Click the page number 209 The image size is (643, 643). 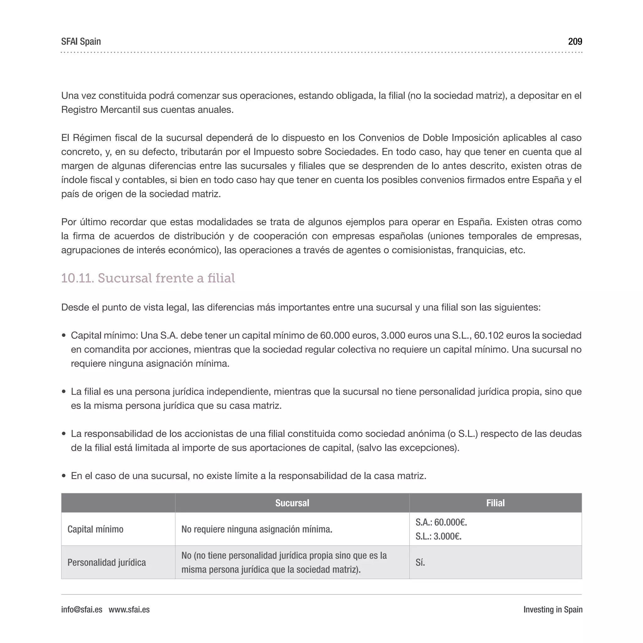coord(575,42)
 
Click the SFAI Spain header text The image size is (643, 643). coord(81,42)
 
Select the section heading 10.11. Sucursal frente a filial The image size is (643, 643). coord(148,278)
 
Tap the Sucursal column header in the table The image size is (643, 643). coord(292,503)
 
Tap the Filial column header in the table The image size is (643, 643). coord(495,503)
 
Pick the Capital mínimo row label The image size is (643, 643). coord(95,529)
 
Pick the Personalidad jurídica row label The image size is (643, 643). coord(106,562)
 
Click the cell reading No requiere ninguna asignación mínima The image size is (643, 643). coord(257,529)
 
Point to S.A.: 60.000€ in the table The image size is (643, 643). coord(441,522)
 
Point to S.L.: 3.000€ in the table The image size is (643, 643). coord(438,536)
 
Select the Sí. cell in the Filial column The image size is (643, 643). coord(420,562)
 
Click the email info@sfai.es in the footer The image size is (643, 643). coord(82,609)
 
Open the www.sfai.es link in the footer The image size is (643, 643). coord(129,609)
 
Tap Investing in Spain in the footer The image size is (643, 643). coord(553,609)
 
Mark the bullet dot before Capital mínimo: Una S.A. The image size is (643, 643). coord(64,336)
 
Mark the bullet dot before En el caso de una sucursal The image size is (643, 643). coord(64,476)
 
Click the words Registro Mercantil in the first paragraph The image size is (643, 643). coord(100,110)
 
